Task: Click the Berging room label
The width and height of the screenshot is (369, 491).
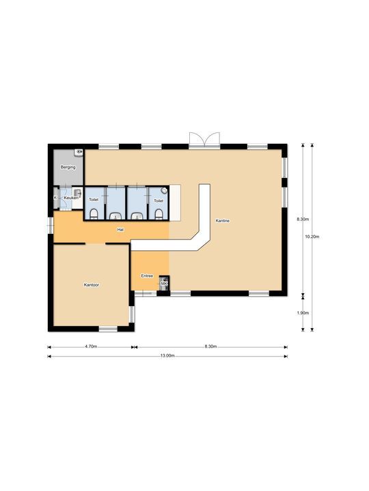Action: tap(67, 166)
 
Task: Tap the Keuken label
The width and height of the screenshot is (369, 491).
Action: tap(70, 198)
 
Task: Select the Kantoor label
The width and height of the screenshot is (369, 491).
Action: tap(92, 284)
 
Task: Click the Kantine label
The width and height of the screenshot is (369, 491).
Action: tap(222, 221)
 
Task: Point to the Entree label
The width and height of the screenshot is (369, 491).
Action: tap(147, 276)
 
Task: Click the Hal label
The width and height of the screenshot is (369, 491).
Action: tap(120, 230)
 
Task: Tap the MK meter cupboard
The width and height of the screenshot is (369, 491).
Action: tap(163, 283)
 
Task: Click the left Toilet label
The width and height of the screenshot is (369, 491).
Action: tap(94, 200)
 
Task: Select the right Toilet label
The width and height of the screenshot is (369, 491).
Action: tap(159, 200)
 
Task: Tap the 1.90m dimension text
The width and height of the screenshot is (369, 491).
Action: tap(302, 313)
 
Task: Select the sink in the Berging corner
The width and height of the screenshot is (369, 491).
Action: tap(79, 152)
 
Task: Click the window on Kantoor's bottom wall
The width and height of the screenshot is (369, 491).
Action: tap(108, 329)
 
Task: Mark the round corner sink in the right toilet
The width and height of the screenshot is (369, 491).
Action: tap(165, 191)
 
